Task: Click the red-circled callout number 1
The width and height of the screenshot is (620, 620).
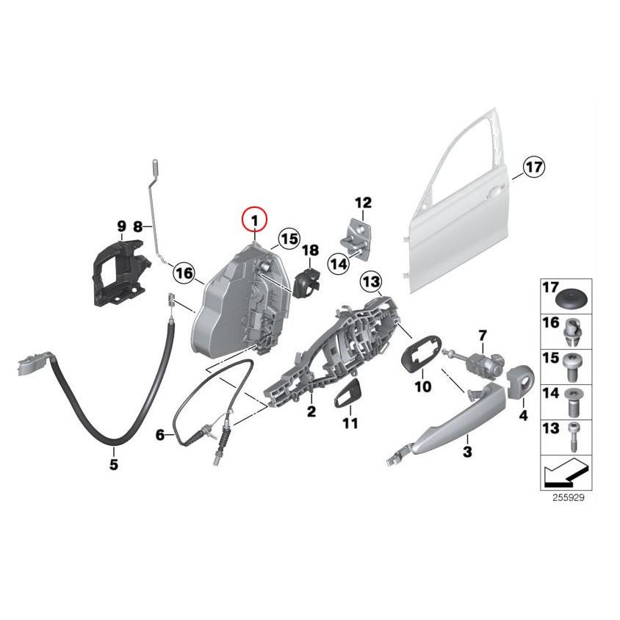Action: [255, 220]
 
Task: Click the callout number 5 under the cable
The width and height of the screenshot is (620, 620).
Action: [113, 464]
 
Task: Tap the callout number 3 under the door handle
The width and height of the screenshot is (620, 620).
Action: [467, 452]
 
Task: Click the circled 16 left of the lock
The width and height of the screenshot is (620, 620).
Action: [184, 274]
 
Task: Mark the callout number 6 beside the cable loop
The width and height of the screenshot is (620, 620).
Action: [159, 435]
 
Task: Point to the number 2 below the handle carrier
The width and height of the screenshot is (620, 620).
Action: [311, 412]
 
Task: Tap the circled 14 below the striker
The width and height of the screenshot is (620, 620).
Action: [337, 263]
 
